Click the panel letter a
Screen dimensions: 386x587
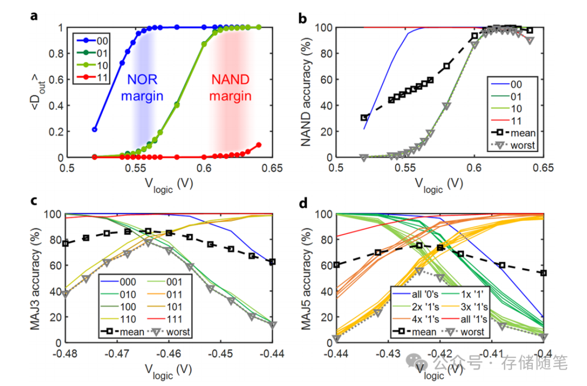pos(34,16)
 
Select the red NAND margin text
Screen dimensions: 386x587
pos(232,88)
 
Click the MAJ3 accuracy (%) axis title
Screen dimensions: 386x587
pos(40,278)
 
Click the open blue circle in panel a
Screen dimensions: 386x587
pos(95,129)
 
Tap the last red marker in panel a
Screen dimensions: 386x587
pos(259,145)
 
